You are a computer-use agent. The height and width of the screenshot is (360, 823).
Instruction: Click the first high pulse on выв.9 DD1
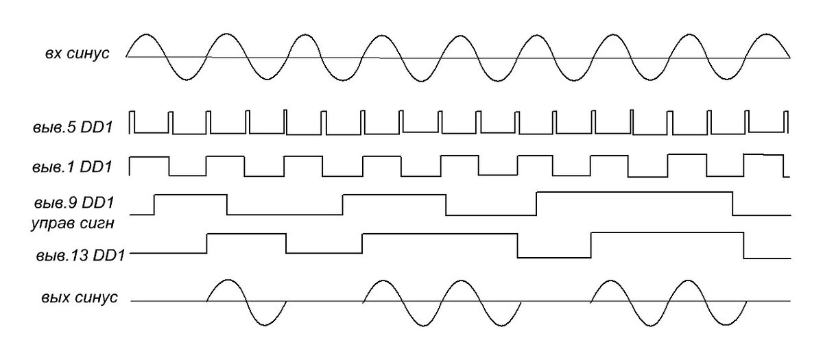(x=191, y=195)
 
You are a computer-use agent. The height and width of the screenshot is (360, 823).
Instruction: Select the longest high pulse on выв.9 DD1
(x=634, y=193)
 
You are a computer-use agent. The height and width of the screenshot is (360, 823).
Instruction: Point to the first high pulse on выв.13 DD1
(x=246, y=234)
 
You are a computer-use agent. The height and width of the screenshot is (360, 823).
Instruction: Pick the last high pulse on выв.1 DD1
(x=763, y=155)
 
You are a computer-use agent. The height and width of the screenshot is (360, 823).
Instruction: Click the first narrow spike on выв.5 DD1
(x=133, y=120)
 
